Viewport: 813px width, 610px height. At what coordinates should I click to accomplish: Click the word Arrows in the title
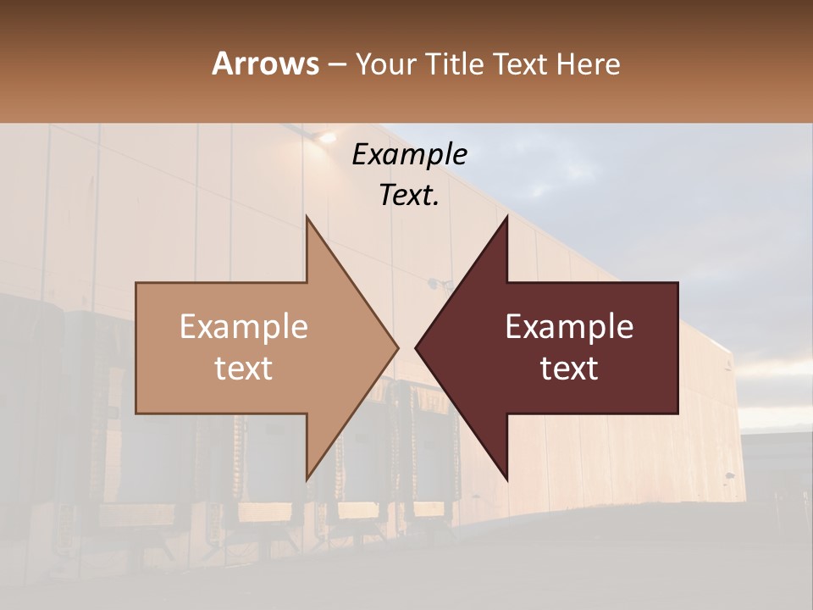(265, 64)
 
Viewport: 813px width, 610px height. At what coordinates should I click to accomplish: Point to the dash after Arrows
(336, 65)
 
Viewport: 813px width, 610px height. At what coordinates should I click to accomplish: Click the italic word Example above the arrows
(409, 155)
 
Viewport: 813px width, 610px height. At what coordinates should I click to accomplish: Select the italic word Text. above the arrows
(409, 195)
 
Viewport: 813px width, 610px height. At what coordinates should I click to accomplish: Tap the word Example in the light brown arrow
(243, 326)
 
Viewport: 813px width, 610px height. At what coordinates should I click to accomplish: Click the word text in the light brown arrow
(243, 369)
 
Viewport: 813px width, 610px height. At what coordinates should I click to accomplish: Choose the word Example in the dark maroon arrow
(569, 326)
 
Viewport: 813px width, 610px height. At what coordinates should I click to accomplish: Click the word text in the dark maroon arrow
(569, 369)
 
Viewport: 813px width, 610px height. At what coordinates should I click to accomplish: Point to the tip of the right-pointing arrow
(398, 347)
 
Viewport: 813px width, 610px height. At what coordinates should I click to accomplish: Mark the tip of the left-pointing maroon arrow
(416, 347)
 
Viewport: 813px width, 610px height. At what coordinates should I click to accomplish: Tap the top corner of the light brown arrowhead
(307, 217)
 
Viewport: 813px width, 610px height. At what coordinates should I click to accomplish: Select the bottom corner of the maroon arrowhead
(506, 479)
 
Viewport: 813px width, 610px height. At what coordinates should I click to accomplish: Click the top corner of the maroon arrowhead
(506, 217)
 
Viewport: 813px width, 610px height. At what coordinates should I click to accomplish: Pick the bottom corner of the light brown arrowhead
(307, 479)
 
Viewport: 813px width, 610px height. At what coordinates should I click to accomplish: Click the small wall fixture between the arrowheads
(437, 282)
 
